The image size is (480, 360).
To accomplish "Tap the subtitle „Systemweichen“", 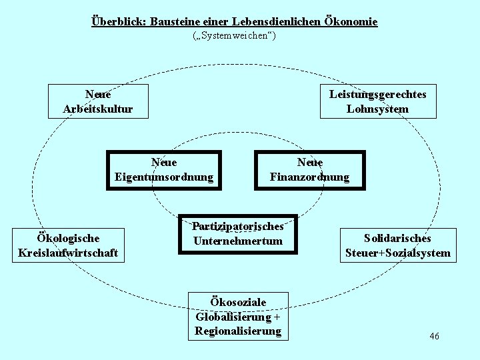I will click(234, 35).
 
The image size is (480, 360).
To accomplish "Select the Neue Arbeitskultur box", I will click(98, 101).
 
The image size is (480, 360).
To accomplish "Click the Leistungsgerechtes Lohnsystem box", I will click(378, 101).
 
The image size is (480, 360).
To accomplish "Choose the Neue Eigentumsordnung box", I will click(164, 170).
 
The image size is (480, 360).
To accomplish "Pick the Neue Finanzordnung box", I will click(309, 170).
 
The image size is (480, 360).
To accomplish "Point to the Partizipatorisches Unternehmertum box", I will click(238, 234).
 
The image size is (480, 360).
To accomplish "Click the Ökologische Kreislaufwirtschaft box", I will click(69, 245).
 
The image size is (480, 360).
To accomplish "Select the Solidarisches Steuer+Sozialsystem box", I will click(398, 245).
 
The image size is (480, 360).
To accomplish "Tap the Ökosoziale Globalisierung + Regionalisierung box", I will click(238, 316).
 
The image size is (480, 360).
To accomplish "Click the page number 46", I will click(434, 336).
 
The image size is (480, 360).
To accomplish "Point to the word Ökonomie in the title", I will click(351, 21).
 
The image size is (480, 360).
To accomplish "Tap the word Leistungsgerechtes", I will click(378, 94).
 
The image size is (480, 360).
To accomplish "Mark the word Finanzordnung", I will click(309, 177).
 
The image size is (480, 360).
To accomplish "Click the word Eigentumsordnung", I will click(164, 177).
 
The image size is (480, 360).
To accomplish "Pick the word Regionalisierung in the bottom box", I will click(238, 331).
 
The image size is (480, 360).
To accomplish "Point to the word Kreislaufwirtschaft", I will click(69, 253).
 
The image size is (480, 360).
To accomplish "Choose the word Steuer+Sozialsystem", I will click(398, 253).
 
